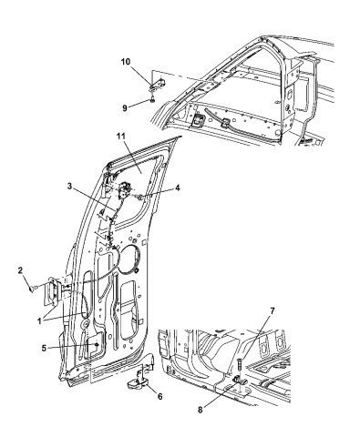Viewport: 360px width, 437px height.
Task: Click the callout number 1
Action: pos(37,320)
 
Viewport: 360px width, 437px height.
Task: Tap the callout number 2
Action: pos(21,271)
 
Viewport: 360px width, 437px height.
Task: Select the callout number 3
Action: pos(94,187)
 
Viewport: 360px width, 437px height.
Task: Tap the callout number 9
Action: pos(126,106)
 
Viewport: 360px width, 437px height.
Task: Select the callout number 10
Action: pos(128,63)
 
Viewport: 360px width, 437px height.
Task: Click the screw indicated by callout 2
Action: pos(35,289)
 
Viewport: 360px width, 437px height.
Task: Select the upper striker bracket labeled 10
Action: pos(155,89)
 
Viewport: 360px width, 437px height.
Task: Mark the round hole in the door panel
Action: pos(128,256)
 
